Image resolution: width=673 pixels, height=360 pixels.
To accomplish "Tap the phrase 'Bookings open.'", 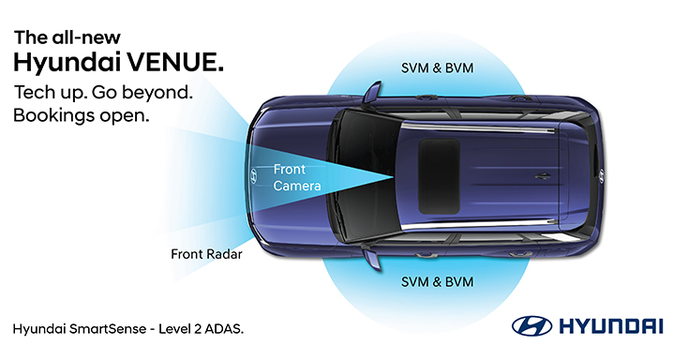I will coord(82,116).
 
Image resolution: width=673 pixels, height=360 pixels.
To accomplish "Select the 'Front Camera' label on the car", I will coord(297,177).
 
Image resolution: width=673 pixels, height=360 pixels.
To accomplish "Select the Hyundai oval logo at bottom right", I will coord(530,328).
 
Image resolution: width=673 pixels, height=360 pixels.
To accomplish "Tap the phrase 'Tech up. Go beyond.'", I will coord(103,92).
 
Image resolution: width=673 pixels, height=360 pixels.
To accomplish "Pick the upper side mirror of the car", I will coord(373,92).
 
